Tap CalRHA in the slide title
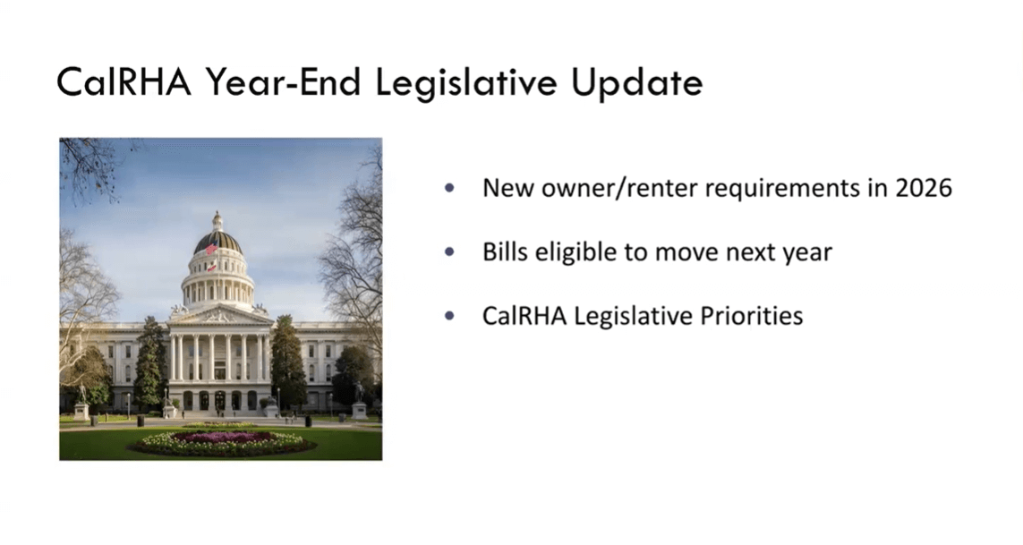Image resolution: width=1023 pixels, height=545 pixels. [x=124, y=82]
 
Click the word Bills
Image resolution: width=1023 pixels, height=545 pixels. [x=505, y=251]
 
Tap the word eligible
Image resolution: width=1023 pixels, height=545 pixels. [x=576, y=252]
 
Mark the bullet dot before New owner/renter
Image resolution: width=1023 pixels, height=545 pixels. [x=449, y=189]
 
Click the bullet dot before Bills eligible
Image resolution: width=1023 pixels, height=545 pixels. [x=449, y=252]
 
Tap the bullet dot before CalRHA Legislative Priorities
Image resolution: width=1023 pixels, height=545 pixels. [x=449, y=316]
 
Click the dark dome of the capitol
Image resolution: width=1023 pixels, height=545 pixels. [x=217, y=242]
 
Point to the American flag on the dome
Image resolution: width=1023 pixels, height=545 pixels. [x=211, y=248]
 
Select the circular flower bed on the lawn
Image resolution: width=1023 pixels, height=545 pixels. [x=221, y=442]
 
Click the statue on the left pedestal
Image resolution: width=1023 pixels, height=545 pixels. [x=81, y=395]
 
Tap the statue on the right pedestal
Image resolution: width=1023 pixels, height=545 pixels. [x=359, y=392]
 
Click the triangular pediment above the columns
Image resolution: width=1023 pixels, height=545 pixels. [x=219, y=316]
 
